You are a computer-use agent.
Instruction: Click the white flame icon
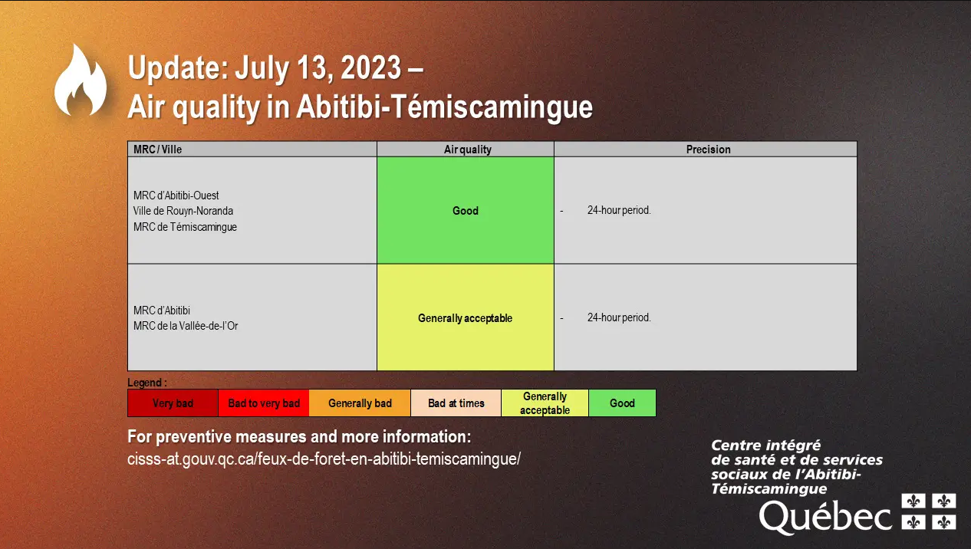pyautogui.click(x=81, y=82)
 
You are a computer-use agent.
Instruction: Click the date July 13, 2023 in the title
pyautogui.click(x=318, y=68)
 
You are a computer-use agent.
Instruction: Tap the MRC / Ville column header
pyautogui.click(x=157, y=150)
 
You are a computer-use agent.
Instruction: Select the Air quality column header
pyautogui.click(x=467, y=150)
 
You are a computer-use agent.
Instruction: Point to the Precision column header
pyautogui.click(x=708, y=150)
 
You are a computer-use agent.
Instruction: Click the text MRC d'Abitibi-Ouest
pyautogui.click(x=176, y=196)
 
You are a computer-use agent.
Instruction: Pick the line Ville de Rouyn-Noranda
pyautogui.click(x=183, y=211)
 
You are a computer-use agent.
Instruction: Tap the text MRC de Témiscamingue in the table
pyautogui.click(x=185, y=227)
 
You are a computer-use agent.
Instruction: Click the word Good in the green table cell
pyautogui.click(x=466, y=211)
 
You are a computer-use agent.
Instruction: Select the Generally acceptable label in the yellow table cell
pyautogui.click(x=465, y=318)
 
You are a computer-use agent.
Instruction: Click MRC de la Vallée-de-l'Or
pyautogui.click(x=186, y=326)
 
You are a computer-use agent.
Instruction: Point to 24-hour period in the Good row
pyautogui.click(x=619, y=210)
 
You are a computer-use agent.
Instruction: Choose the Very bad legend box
pyautogui.click(x=173, y=403)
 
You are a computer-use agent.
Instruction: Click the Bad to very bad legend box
pyautogui.click(x=264, y=403)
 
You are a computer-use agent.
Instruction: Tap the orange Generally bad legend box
pyautogui.click(x=360, y=403)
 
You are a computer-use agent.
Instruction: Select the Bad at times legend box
pyautogui.click(x=456, y=403)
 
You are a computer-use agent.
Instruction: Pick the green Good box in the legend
pyautogui.click(x=622, y=403)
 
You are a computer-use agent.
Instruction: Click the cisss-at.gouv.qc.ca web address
pyautogui.click(x=324, y=459)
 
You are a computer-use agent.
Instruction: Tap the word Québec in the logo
pyautogui.click(x=825, y=517)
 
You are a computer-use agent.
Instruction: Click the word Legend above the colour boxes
pyautogui.click(x=144, y=383)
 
